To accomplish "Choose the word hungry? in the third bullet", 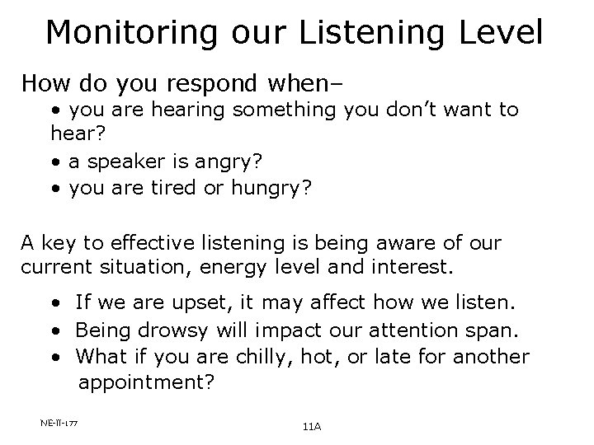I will coord(271,189).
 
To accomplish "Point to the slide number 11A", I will coord(311,427).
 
